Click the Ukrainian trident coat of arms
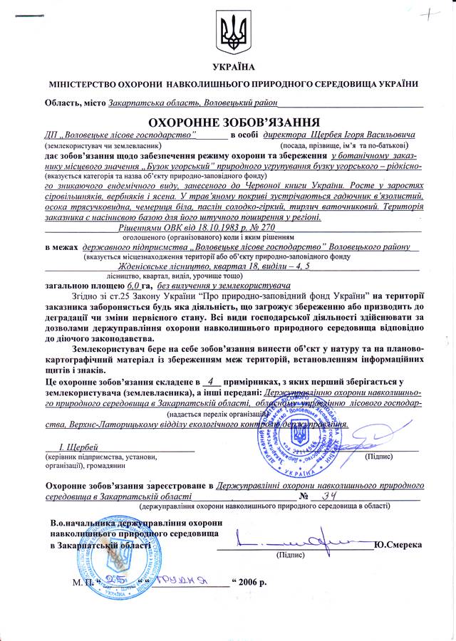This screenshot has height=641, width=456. [x=228, y=31]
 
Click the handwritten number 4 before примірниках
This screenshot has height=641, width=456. [x=206, y=382]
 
